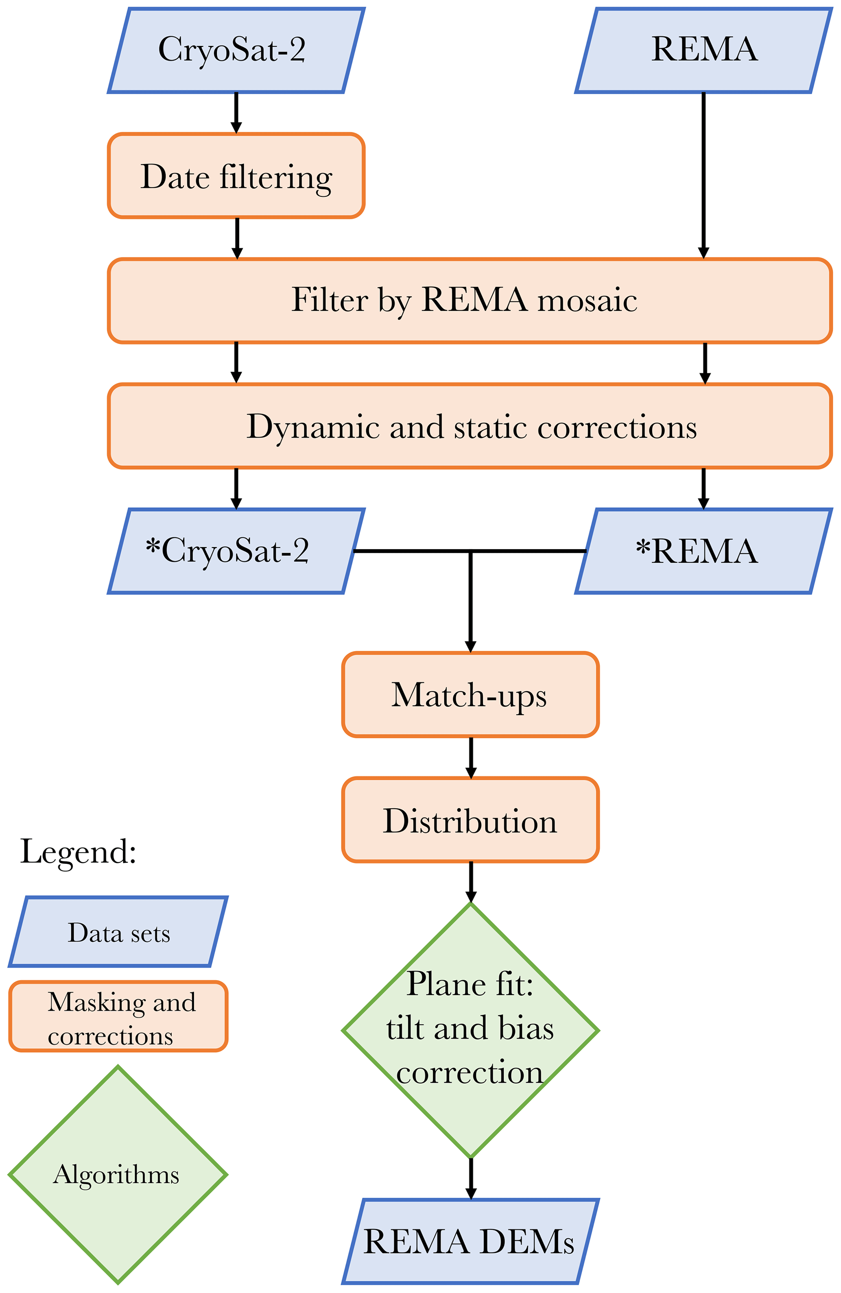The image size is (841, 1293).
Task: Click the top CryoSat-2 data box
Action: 236,50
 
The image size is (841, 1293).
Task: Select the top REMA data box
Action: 703,50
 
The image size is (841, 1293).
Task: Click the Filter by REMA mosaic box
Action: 470,301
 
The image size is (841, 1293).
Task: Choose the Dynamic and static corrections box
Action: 470,426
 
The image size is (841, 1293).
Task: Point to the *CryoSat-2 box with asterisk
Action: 236,551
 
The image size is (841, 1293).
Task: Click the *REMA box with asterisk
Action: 703,551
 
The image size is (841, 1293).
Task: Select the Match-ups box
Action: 470,694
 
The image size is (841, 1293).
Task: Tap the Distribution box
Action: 470,820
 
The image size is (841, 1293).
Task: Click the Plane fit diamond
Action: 470,1029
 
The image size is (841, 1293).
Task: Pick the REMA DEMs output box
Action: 470,1241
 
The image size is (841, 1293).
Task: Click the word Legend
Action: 78,851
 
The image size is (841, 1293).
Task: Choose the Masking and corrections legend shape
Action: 118,1016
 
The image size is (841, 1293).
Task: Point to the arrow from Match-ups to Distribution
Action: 471,757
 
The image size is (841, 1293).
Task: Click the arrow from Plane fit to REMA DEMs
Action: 471,1178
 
